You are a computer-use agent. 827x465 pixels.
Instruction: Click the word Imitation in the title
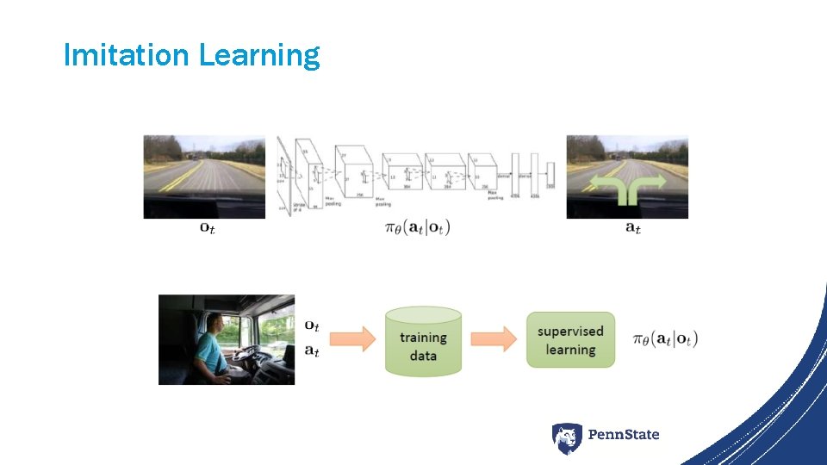tap(126, 56)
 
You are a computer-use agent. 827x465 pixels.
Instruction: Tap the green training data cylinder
tap(423, 340)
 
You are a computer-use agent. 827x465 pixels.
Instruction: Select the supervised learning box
tap(570, 340)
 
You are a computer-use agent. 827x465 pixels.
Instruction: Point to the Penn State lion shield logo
tap(567, 438)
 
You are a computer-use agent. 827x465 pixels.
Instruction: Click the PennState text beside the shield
tap(624, 435)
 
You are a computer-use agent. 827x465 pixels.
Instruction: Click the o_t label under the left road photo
tap(208, 228)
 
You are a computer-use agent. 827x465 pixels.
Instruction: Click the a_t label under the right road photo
tap(632, 228)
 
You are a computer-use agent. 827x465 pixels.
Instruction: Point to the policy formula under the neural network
tap(416, 228)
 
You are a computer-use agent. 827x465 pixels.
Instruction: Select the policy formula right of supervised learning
tap(664, 339)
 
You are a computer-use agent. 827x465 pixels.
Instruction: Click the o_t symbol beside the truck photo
tap(312, 326)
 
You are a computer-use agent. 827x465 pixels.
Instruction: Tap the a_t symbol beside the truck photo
tap(312, 350)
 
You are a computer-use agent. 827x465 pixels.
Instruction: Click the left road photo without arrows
tap(204, 177)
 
